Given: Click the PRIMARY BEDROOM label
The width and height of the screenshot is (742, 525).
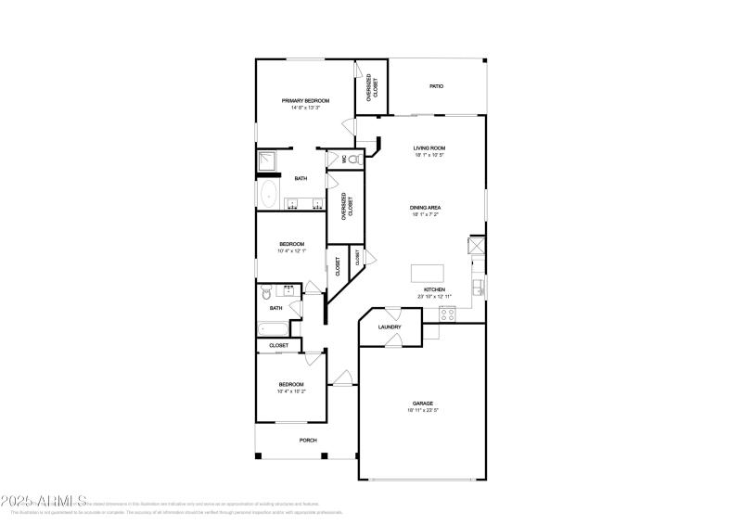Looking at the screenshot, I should [305, 100].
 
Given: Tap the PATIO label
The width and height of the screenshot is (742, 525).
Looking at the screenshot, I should [436, 86].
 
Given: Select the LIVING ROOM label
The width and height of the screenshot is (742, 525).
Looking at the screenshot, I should [429, 147].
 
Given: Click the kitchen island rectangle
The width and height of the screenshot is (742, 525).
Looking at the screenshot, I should [429, 274].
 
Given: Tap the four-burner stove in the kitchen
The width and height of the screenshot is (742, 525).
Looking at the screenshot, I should [448, 313].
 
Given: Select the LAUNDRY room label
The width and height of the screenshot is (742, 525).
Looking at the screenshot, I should [390, 327].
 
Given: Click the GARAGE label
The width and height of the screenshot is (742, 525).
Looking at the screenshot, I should [423, 403].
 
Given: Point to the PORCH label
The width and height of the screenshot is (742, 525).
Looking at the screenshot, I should [307, 441].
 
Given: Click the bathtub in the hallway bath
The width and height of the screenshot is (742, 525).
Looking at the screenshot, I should [274, 328].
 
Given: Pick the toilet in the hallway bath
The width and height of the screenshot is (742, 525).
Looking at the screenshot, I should [266, 289].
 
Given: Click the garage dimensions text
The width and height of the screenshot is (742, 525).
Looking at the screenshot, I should [423, 410].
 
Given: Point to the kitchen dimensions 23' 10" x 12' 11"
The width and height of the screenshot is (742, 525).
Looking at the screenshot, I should [436, 297].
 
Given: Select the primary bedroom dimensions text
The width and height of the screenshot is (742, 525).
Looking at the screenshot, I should [305, 108].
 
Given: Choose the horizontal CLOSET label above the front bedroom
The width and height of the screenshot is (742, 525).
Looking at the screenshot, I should [278, 345].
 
